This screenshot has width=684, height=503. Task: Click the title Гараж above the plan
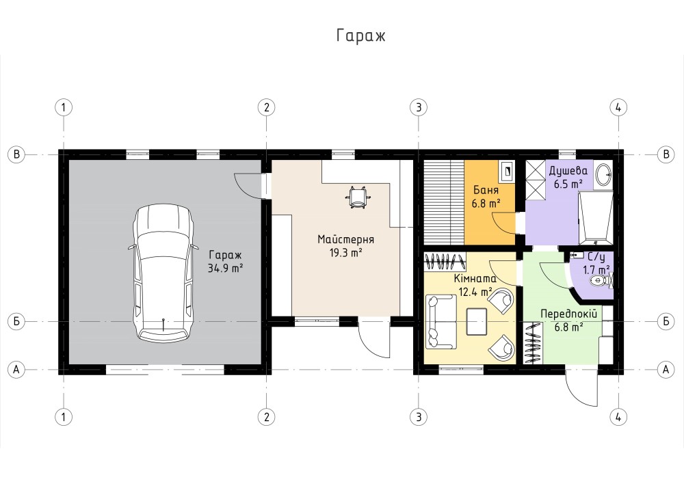pyautogui.click(x=360, y=36)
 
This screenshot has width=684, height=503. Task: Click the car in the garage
pyautogui.click(x=163, y=273)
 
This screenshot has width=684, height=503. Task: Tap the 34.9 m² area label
pyautogui.click(x=225, y=268)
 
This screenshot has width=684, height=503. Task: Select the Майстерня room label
pyautogui.click(x=345, y=239)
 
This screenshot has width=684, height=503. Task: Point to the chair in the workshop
pyautogui.click(x=358, y=197)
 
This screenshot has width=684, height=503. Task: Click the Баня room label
pyautogui.click(x=486, y=190)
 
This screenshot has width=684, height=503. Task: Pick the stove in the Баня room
pyautogui.click(x=507, y=172)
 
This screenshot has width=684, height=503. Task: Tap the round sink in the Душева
pyautogui.click(x=604, y=174)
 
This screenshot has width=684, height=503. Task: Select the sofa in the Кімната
pyautogui.click(x=441, y=322)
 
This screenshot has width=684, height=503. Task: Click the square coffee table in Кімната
pyautogui.click(x=476, y=322)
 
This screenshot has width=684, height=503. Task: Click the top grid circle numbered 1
pyautogui.click(x=64, y=107)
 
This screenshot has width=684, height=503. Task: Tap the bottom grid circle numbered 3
pyautogui.click(x=419, y=417)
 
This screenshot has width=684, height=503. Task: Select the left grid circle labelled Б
pyautogui.click(x=16, y=322)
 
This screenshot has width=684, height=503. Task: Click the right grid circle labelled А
pyautogui.click(x=666, y=370)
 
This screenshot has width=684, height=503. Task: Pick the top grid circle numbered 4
pyautogui.click(x=618, y=107)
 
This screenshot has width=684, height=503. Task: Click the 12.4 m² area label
pyautogui.click(x=475, y=292)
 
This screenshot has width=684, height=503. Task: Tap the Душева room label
pyautogui.click(x=568, y=171)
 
